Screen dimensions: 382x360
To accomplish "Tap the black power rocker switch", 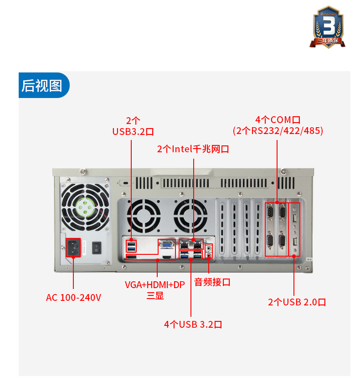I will [x=96, y=248].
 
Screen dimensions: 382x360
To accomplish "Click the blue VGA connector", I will [x=166, y=245].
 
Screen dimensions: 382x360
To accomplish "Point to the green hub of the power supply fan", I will [x=85, y=207].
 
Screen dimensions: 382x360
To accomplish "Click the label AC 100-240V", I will [x=73, y=298].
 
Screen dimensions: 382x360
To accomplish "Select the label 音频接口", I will [x=212, y=282].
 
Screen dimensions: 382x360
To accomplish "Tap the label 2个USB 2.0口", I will [x=297, y=302].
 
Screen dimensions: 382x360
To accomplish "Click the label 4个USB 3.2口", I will [x=193, y=325].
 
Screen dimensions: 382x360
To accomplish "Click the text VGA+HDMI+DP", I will [x=155, y=285].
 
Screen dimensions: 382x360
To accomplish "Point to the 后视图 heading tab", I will [x=42, y=85].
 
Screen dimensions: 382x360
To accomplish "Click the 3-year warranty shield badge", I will [x=328, y=27].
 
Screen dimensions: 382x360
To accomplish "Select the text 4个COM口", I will [x=278, y=120].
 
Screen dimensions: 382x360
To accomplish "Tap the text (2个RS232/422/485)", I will [x=278, y=131].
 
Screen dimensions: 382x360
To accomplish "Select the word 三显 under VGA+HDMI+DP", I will [x=155, y=296].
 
